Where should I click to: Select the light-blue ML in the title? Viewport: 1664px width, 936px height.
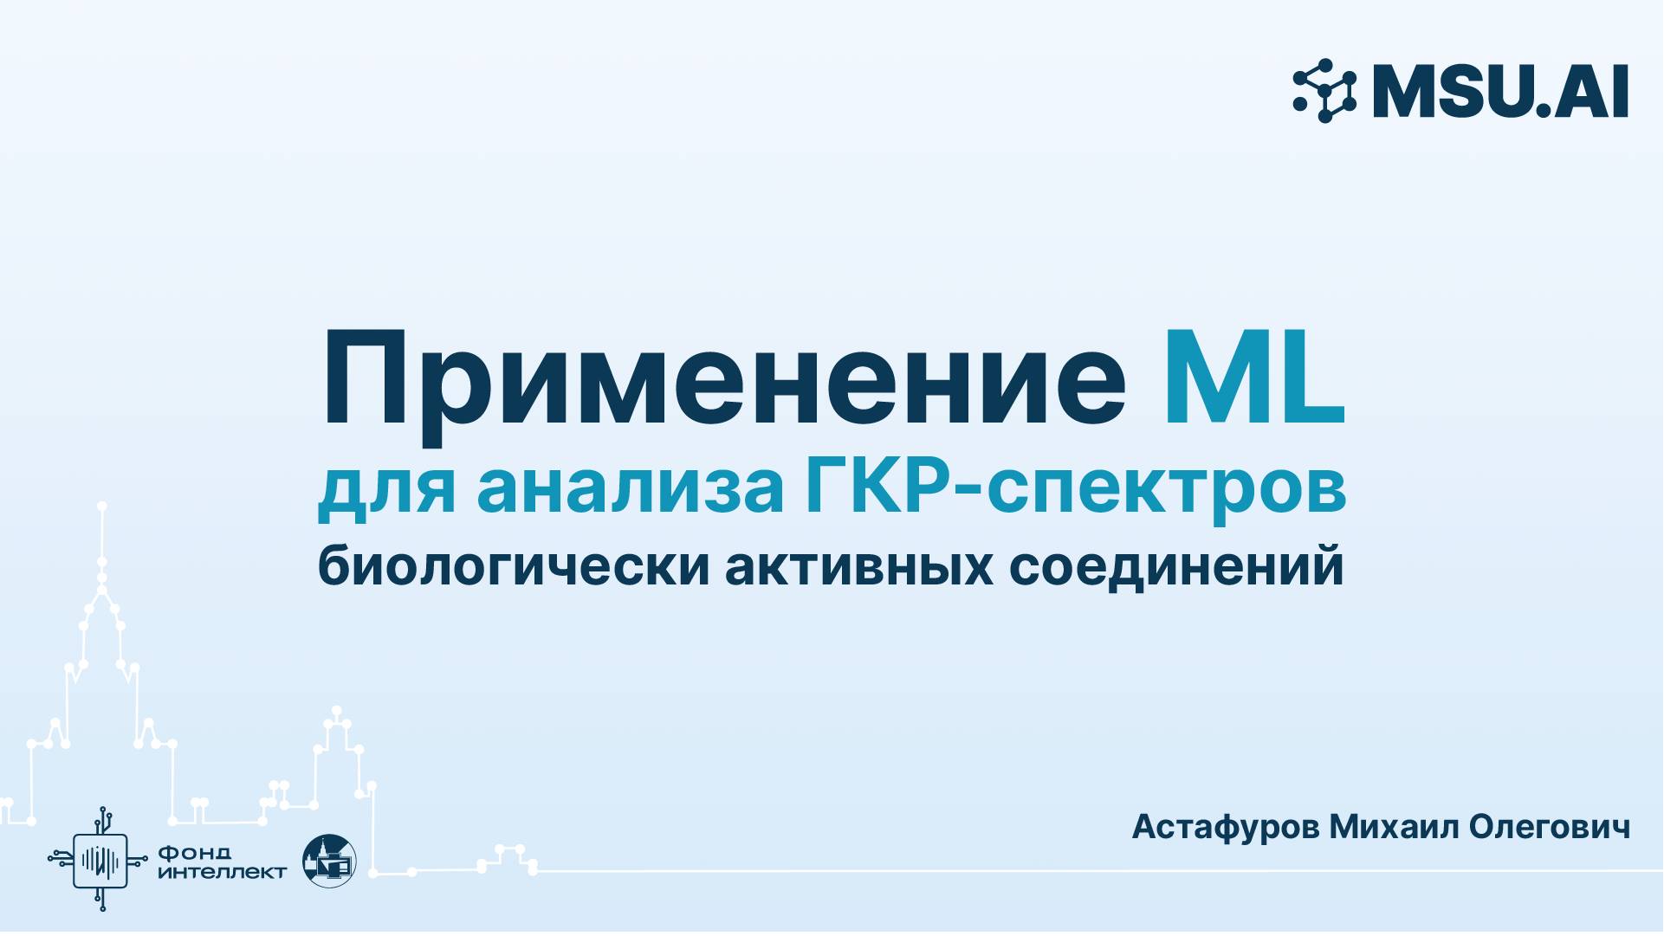1253,381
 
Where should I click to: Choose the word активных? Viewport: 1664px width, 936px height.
858,566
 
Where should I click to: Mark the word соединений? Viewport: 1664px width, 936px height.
1176,568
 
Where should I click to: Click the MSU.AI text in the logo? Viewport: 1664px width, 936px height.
1500,91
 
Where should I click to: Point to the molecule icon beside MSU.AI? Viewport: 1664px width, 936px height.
1324,91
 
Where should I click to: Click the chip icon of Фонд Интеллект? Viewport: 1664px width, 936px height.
100,860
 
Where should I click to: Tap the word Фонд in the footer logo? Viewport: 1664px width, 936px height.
195,853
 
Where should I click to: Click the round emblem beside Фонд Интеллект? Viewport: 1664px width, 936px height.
329,861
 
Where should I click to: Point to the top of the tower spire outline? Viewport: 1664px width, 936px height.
101,506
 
